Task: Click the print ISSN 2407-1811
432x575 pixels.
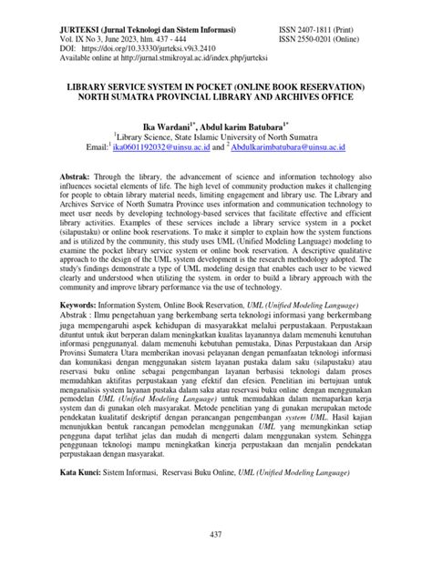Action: (x=330, y=7)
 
